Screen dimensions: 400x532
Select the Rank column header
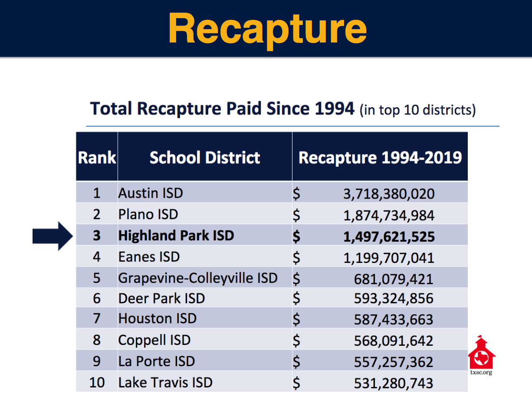(97, 157)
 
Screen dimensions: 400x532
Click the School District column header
(205, 157)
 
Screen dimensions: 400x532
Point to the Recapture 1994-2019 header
(380, 157)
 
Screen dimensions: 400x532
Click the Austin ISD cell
(151, 193)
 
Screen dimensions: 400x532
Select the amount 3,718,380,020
(389, 194)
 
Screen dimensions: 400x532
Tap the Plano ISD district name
(148, 214)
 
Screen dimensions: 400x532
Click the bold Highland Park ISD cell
(176, 236)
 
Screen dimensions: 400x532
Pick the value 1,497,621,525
(389, 236)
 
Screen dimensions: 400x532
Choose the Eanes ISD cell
(149, 257)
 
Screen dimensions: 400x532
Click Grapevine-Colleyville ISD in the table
(198, 278)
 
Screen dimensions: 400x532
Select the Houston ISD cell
(158, 319)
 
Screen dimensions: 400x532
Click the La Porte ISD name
(157, 361)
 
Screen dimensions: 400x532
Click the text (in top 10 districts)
(417, 110)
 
